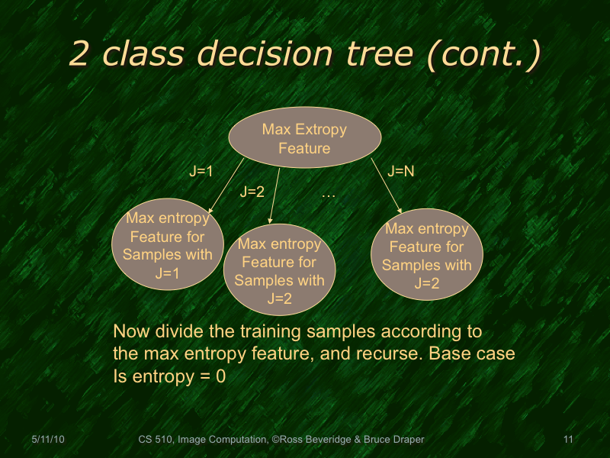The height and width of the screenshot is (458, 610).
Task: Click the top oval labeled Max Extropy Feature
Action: click(304, 138)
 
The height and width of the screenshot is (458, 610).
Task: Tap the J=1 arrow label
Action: click(201, 173)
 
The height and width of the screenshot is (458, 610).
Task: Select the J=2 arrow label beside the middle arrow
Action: click(252, 192)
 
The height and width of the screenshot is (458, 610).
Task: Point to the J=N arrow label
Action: click(401, 172)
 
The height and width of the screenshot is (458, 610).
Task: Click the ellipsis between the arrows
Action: click(329, 195)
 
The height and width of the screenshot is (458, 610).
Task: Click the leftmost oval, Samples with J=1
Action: click(167, 246)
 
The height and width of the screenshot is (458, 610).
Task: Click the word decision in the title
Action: click(268, 54)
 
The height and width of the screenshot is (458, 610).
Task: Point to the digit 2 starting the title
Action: click(79, 54)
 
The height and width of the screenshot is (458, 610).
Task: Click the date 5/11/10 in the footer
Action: click(49, 440)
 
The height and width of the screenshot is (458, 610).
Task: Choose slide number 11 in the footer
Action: click(567, 440)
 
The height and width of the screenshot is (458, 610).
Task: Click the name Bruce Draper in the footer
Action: click(393, 440)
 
